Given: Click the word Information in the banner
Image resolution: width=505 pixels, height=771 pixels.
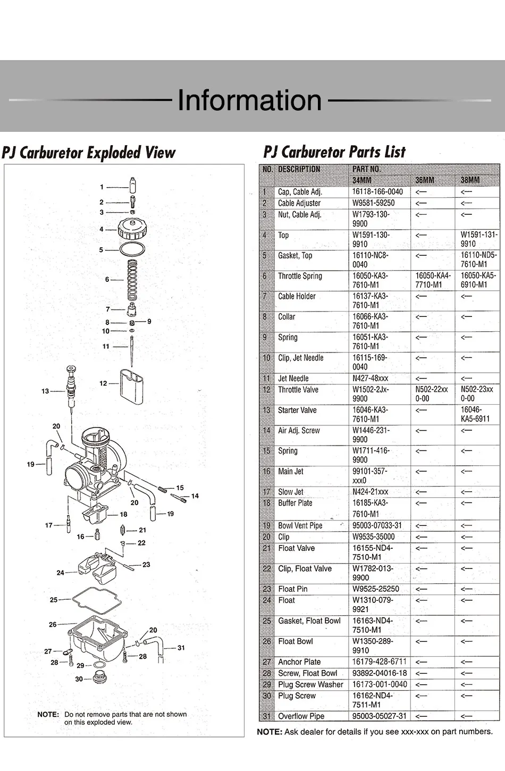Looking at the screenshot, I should (249, 100).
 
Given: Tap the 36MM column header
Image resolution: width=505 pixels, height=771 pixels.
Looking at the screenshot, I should (425, 180).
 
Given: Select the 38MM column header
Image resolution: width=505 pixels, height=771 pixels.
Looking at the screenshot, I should (470, 180).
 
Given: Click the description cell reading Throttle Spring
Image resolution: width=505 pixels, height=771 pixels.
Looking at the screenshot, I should (300, 276).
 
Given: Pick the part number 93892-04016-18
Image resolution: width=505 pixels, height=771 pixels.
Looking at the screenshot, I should (379, 673).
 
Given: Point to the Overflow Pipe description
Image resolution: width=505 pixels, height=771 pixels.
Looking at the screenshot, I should (301, 716).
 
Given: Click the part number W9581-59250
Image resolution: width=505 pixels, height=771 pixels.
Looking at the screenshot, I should (373, 203).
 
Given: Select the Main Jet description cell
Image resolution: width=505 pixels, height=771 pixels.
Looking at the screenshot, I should (291, 472).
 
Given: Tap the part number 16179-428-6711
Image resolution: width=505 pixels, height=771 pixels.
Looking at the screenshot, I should (379, 662).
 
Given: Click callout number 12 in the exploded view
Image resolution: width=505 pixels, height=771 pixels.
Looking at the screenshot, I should (103, 383).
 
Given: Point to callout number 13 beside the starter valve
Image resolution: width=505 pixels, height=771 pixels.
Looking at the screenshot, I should (45, 391).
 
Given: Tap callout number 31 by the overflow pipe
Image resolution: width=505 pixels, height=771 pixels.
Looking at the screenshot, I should (181, 648).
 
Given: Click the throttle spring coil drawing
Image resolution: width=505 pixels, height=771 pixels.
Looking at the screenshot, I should (132, 280).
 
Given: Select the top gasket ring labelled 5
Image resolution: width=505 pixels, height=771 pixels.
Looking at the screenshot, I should (132, 249).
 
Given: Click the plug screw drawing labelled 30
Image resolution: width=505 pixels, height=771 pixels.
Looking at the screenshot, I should (99, 678).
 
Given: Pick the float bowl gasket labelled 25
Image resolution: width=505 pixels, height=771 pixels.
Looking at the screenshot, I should (96, 600).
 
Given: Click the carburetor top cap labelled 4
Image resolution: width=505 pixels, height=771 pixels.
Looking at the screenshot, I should (132, 229).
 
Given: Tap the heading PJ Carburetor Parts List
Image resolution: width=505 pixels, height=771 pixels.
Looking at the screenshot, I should (334, 153).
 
